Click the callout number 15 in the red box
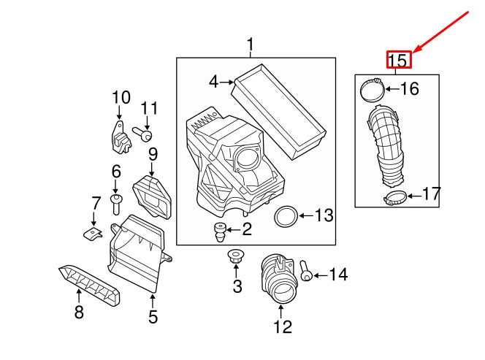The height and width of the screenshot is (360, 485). click(x=399, y=60)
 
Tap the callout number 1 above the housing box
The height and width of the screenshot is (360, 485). click(x=250, y=46)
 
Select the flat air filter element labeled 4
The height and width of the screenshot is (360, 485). click(x=279, y=110)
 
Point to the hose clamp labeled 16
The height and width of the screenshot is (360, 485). click(x=373, y=91)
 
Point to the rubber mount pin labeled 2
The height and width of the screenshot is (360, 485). click(x=219, y=233)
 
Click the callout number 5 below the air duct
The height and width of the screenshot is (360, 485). click(x=153, y=316)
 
